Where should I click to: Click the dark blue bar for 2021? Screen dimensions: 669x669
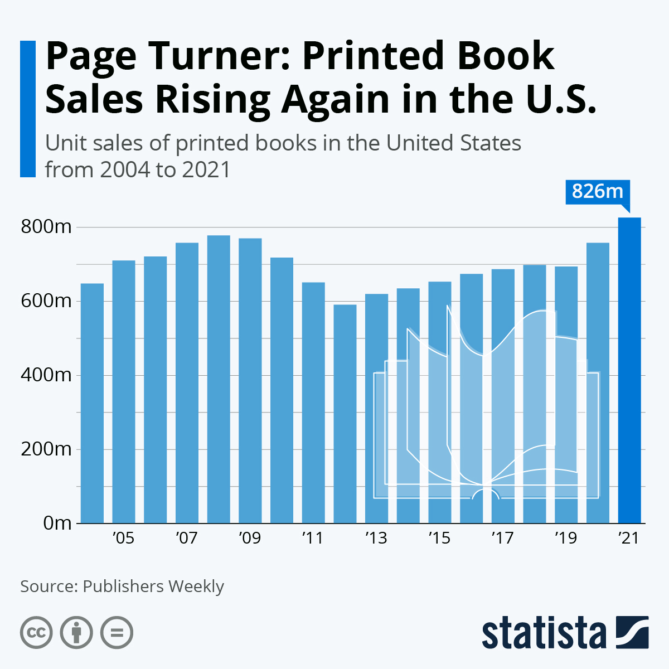[629, 370]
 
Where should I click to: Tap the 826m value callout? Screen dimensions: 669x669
[597, 192]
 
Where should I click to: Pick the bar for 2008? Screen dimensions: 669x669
[219, 379]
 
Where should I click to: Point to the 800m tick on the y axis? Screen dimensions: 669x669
[46, 227]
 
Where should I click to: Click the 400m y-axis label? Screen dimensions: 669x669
[46, 375]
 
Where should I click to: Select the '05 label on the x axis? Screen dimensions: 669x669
[123, 539]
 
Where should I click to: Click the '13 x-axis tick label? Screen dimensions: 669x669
[376, 539]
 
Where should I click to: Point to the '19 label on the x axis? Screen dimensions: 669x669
[565, 539]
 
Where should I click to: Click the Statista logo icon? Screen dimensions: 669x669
[632, 632]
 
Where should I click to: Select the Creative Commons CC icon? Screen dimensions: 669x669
[36, 633]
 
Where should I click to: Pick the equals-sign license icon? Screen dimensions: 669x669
[117, 633]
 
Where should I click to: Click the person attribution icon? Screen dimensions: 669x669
[76, 633]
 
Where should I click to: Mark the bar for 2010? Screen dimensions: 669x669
[282, 390]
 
